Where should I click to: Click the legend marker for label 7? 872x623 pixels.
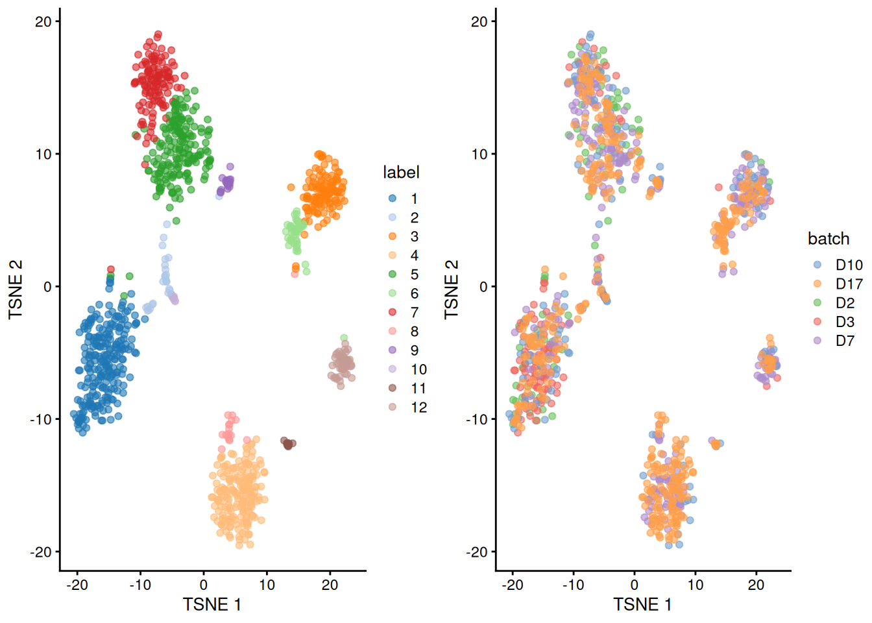(393, 312)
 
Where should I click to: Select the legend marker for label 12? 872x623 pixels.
(393, 407)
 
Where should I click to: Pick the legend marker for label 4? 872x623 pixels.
(393, 255)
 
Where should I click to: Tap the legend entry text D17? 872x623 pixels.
(849, 284)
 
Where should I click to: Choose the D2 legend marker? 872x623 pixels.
(817, 302)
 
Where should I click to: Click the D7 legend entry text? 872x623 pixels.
(845, 341)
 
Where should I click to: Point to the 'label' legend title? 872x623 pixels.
(401, 172)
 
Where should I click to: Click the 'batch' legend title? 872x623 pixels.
(829, 239)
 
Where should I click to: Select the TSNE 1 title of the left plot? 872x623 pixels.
(212, 604)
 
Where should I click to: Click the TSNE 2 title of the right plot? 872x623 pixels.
(452, 289)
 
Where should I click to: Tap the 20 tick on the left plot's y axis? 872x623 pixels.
(43, 21)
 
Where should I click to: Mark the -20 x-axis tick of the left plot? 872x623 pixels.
(77, 585)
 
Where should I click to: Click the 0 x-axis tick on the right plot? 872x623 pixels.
(635, 585)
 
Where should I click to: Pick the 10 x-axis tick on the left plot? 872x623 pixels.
(267, 585)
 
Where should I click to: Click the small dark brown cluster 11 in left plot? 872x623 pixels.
(287, 444)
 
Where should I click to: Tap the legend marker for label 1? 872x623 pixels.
(393, 199)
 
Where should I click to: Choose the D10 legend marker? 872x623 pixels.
(817, 265)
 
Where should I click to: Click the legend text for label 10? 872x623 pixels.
(418, 369)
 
